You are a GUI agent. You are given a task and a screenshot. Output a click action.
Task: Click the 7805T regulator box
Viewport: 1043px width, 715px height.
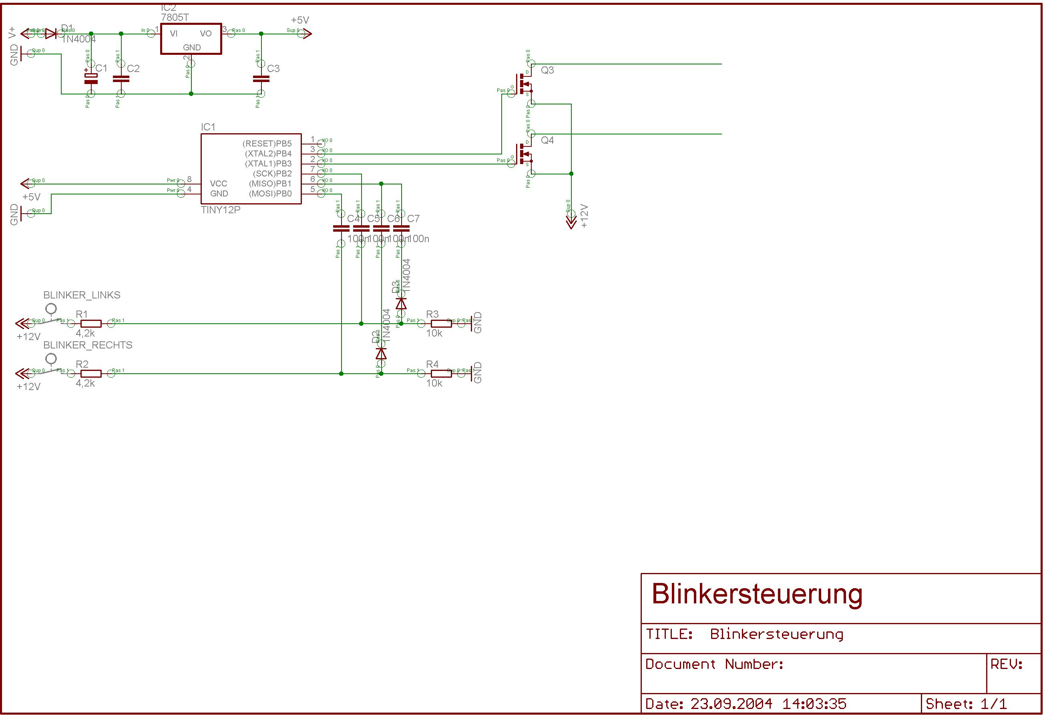(x=191, y=39)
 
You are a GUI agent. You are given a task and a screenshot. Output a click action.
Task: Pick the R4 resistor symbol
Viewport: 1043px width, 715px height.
(x=441, y=374)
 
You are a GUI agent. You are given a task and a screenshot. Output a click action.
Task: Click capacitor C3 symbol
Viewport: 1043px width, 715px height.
(x=261, y=79)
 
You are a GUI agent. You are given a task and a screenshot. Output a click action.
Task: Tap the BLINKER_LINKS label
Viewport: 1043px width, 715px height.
(x=82, y=295)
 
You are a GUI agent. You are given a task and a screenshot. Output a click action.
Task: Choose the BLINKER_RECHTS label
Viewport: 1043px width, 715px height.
(x=88, y=345)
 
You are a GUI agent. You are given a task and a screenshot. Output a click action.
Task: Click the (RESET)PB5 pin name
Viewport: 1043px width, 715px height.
(x=267, y=144)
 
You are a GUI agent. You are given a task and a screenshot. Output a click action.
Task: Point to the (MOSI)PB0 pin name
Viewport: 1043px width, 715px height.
(x=270, y=194)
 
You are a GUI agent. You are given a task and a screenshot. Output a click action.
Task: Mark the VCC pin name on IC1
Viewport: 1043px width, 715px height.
(x=219, y=184)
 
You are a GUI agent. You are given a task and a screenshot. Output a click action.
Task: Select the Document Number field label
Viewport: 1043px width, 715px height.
(x=714, y=664)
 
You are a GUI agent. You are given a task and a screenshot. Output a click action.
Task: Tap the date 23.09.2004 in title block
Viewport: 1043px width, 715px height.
(x=731, y=704)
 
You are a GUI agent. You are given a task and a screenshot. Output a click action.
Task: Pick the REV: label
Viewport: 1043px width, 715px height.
(x=1006, y=664)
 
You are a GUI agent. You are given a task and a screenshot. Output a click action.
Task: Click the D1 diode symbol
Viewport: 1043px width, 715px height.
(x=51, y=34)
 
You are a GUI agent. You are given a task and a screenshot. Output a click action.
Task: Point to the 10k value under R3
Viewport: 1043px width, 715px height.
(x=434, y=333)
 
